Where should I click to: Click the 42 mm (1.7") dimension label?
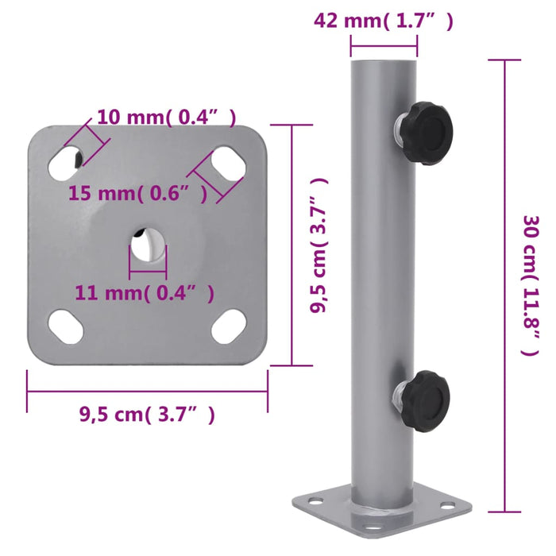(x=384, y=22)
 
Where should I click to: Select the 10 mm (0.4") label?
(x=166, y=118)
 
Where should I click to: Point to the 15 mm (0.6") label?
(x=138, y=192)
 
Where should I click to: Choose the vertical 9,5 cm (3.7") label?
(x=320, y=246)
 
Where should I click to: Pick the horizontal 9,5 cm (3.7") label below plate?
(x=147, y=413)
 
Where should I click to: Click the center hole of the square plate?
(x=148, y=244)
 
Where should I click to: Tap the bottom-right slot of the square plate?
(x=230, y=325)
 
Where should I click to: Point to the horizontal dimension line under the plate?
(x=147, y=391)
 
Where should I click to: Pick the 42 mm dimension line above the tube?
(x=384, y=46)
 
